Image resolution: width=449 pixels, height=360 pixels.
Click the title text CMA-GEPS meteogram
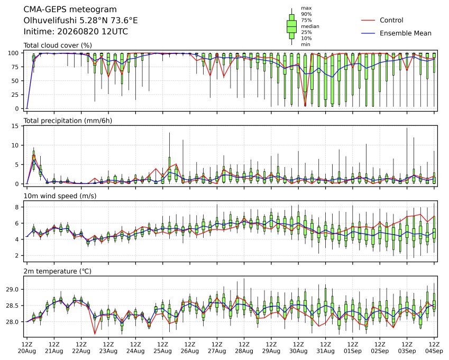point(70,10)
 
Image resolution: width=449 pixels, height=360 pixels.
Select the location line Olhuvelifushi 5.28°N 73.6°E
point(80,21)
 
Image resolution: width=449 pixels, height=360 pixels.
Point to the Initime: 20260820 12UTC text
point(76,32)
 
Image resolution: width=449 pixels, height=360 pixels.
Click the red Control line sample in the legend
point(368,20)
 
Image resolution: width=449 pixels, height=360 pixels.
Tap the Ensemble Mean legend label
point(406,33)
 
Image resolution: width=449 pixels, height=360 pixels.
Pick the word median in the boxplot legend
point(310,26)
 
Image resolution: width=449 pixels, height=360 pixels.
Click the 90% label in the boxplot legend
point(306,14)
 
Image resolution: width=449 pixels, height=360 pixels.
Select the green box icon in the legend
point(291,26)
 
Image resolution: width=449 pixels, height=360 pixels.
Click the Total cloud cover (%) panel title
point(58,45)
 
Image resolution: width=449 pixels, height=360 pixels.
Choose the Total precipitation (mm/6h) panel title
point(68,121)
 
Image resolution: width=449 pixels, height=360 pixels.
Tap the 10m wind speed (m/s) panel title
point(60,196)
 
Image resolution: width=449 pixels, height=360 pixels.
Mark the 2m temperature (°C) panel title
point(57,271)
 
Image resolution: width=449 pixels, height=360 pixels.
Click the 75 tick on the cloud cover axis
point(15,67)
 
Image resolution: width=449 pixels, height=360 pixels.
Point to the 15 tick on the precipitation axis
point(15,126)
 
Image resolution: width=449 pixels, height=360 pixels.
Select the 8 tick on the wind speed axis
point(17,207)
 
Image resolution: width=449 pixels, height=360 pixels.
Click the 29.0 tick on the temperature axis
point(12,290)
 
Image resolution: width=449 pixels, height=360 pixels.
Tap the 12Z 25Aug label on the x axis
point(163,348)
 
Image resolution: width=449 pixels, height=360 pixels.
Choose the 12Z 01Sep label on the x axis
point(353,348)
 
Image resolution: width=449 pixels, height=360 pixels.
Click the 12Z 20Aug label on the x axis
point(27,348)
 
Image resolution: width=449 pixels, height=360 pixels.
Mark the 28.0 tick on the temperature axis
point(12,322)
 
